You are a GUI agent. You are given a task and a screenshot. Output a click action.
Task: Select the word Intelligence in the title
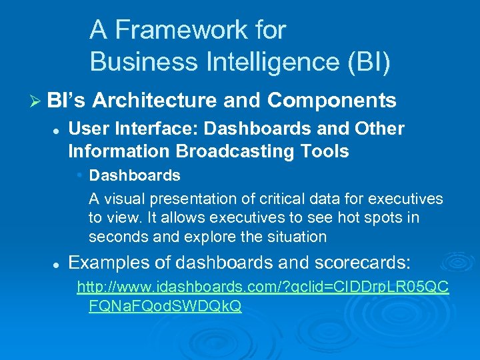[259, 61]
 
